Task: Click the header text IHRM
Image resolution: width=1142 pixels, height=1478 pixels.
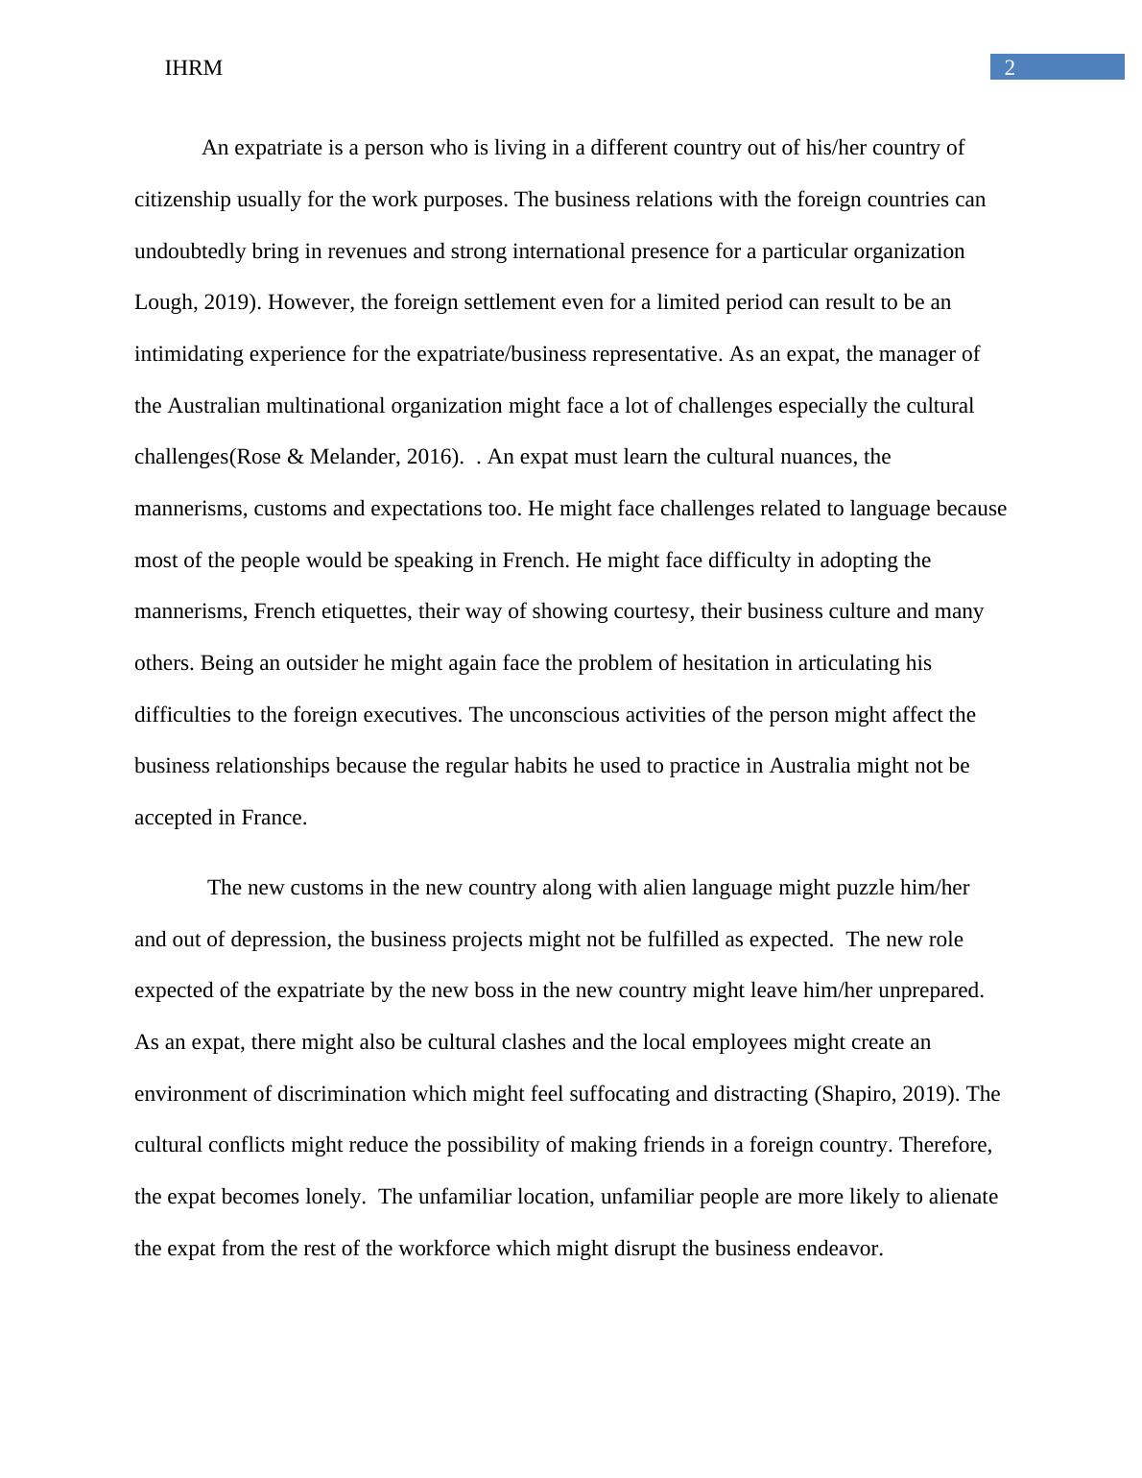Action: pos(193,68)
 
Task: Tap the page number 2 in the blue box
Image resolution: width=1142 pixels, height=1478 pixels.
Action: pos(1010,67)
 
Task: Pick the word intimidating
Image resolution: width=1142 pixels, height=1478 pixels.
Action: pos(188,354)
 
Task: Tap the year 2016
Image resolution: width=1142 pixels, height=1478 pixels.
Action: pos(428,457)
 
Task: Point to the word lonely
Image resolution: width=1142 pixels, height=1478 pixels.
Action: pos(334,1197)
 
